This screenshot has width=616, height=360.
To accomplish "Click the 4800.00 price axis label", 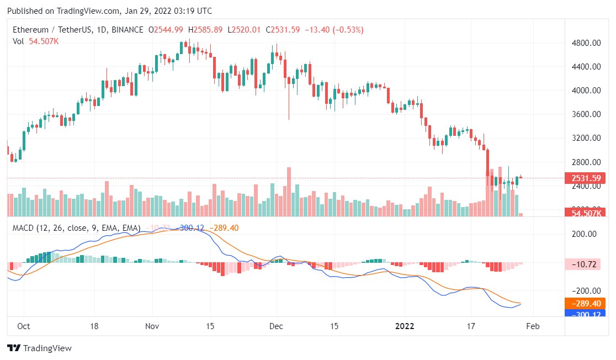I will click(585, 43).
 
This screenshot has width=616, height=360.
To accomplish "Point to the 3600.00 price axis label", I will click(585, 114).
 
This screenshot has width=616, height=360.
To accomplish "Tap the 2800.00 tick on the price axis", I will click(585, 162).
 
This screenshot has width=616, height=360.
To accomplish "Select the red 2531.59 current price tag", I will click(585, 178).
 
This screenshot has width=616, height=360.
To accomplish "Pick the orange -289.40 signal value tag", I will click(585, 303).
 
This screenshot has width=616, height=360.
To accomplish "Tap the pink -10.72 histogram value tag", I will click(585, 264).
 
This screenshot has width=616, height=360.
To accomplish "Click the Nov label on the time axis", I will click(152, 326).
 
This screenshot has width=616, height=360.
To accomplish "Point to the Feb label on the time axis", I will click(532, 326).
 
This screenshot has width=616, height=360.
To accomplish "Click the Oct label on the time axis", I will click(23, 326).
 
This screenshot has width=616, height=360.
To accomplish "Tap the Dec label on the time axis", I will click(277, 326).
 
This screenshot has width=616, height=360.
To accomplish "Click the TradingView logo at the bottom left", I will click(39, 348).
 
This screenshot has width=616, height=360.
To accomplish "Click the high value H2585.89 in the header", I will click(205, 29).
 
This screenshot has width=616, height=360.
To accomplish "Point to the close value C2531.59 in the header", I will click(283, 29).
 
